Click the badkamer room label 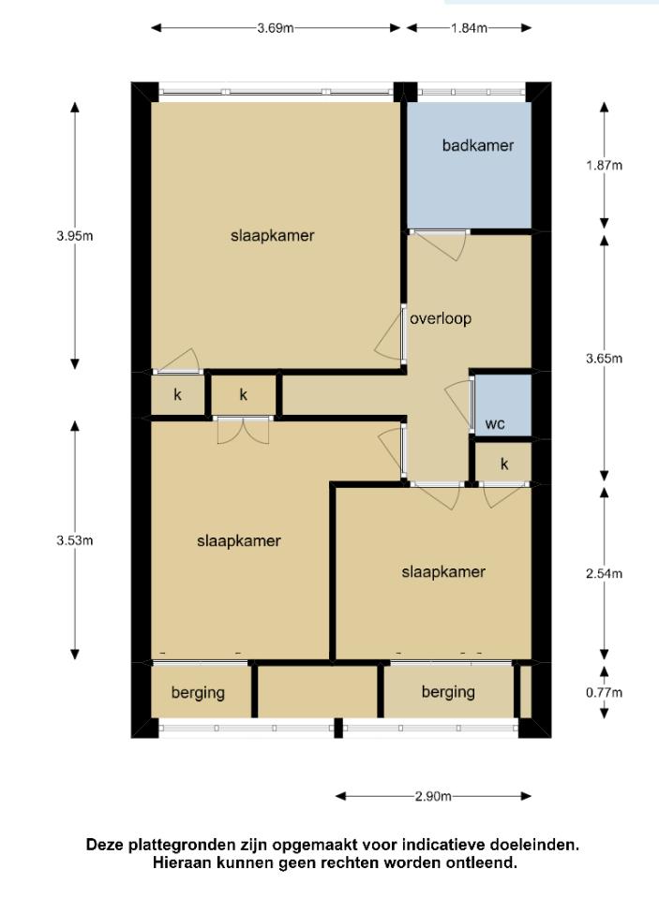pos(477,146)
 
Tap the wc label pos(495,424)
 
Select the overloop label pos(441,318)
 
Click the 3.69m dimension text pos(276,28)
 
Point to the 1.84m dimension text pos(469,28)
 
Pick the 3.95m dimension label pos(75,236)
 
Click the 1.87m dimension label pos(604,166)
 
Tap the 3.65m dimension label pos(604,359)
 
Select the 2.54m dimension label pos(604,574)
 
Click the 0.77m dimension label pos(604,693)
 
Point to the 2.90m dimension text pos(433,796)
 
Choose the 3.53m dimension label pos(75,540)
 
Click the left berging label pos(198,693)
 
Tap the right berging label pos(448,693)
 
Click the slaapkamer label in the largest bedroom pos(273,236)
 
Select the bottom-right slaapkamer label pos(443,572)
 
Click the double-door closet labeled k pos(244,394)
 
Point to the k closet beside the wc pos(504,464)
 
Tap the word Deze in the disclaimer pos(105,845)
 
